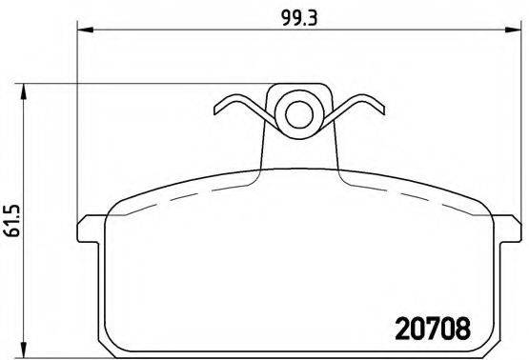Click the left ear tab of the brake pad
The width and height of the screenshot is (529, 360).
[89, 228]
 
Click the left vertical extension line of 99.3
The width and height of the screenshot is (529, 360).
[76, 124]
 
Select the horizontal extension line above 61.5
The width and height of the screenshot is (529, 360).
[143, 85]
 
